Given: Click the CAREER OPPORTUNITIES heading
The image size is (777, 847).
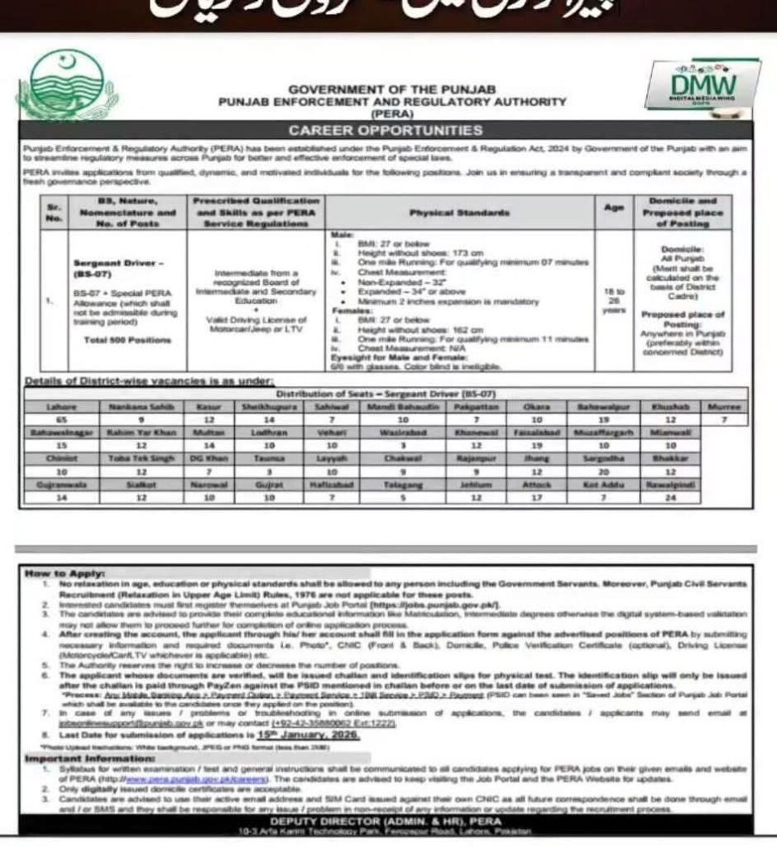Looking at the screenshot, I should tap(385, 130).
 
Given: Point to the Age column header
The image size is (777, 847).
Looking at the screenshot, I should tap(613, 208).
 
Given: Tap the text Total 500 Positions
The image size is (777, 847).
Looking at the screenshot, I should tap(116, 340).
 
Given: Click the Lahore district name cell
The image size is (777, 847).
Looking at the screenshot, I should tap(59, 407).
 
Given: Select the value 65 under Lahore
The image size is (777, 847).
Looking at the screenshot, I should tap(59, 420).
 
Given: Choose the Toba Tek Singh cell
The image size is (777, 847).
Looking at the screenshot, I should tap(129, 458).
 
